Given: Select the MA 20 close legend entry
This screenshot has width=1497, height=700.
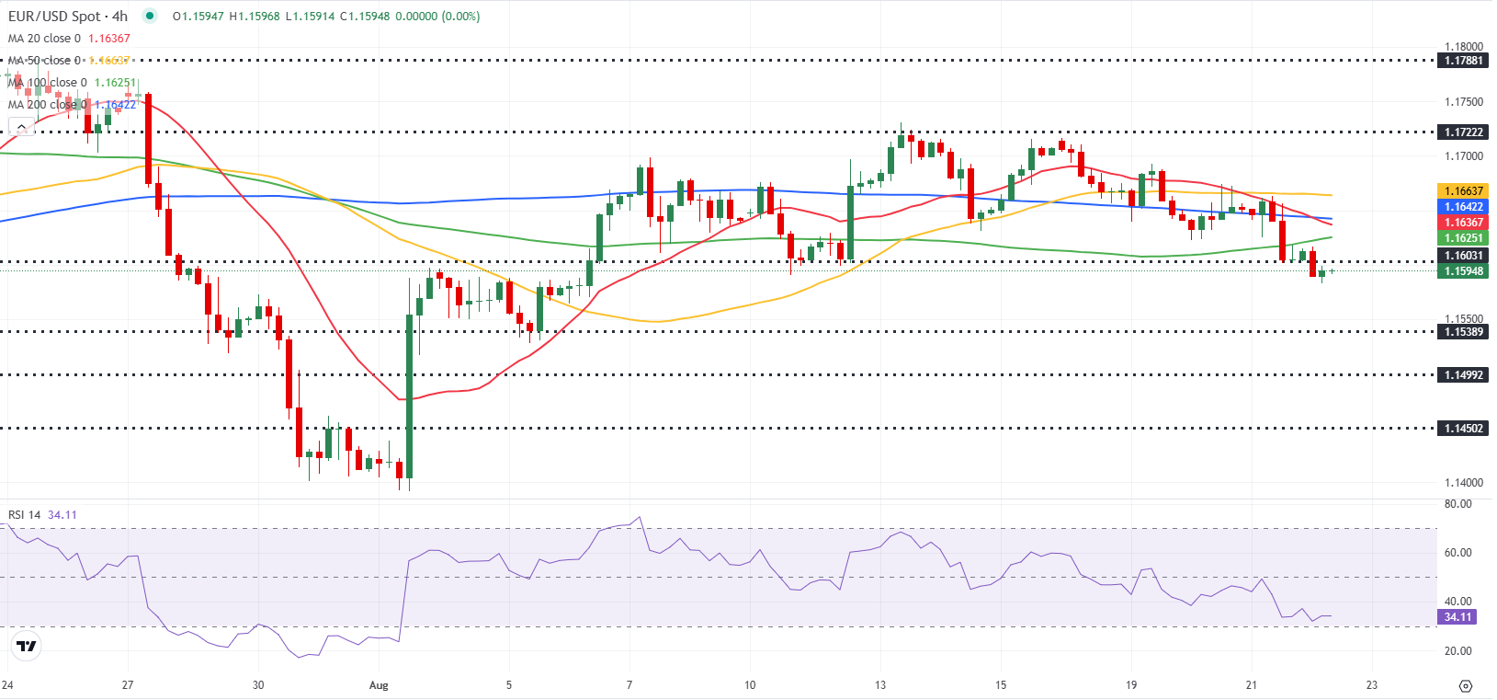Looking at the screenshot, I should tap(44, 39).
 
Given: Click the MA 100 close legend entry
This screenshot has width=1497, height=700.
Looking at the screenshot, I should tap(48, 83).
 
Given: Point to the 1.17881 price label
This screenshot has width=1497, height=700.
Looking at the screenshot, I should tap(1463, 61).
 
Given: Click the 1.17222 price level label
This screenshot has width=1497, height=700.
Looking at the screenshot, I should tap(1463, 132).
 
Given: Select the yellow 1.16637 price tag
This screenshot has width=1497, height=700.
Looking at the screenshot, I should tap(1463, 191).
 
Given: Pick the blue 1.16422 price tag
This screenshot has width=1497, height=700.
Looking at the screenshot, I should tap(1463, 207).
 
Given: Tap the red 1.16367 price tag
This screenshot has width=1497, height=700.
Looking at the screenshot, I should tap(1463, 223).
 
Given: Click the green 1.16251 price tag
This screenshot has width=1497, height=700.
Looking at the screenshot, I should tap(1463, 238).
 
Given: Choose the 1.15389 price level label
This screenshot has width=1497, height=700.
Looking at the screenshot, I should tap(1463, 332).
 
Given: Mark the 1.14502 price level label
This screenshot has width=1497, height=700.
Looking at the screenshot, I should tap(1463, 429).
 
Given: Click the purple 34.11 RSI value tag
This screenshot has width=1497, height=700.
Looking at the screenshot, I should tap(1457, 617).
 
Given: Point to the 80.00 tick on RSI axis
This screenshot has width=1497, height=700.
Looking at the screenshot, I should tap(1457, 504).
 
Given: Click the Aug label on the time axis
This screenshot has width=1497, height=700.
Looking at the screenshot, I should tap(379, 685).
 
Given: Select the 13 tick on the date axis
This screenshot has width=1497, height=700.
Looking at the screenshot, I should tap(880, 685).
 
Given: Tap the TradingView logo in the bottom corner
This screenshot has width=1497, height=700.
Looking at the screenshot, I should tap(27, 647).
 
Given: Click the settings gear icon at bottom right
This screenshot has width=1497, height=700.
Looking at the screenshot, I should tap(1466, 686).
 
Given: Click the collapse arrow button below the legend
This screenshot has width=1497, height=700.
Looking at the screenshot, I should tap(21, 127).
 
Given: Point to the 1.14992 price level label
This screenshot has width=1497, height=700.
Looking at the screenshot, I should tap(1463, 375).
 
